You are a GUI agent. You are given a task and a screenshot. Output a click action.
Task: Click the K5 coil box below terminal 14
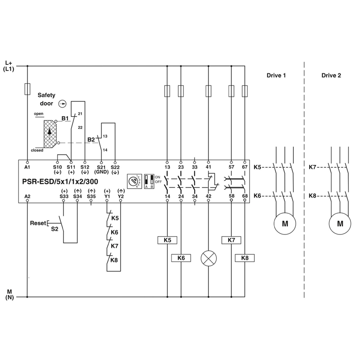tap(167, 240)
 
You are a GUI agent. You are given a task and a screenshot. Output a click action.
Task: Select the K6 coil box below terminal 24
tap(181, 258)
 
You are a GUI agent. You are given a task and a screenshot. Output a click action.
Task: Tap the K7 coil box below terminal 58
tap(231, 240)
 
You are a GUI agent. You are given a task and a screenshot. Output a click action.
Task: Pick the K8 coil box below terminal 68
tap(245, 258)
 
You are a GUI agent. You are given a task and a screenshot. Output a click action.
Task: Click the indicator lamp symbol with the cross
tap(208, 258)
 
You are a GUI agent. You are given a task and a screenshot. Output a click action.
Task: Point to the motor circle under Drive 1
tap(285, 223)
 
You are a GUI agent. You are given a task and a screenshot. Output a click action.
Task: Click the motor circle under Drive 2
tap(340, 223)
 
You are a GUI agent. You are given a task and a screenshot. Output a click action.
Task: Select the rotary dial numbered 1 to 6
tap(134, 182)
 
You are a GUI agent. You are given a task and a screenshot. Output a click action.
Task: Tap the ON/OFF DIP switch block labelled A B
tap(149, 181)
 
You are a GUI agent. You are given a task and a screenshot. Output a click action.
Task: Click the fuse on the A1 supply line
tap(27, 89)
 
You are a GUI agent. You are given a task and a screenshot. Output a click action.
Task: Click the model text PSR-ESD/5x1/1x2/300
tap(60, 182)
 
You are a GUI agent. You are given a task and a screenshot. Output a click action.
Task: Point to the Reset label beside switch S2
tap(38, 223)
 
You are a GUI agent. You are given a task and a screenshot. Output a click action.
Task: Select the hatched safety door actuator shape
tap(49, 134)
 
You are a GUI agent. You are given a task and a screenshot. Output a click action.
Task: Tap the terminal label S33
tap(64, 196)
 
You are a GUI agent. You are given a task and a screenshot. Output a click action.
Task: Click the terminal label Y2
tap(121, 196)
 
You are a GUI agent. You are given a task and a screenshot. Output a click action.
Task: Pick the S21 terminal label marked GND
tap(101, 170)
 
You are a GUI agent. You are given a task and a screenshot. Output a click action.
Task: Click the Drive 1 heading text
tap(276, 75)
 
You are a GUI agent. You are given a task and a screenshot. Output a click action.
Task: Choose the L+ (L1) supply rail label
tap(9, 66)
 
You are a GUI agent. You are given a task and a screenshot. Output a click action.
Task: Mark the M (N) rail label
tap(9, 295)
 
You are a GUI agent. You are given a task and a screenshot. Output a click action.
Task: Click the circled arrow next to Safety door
tap(63, 104)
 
